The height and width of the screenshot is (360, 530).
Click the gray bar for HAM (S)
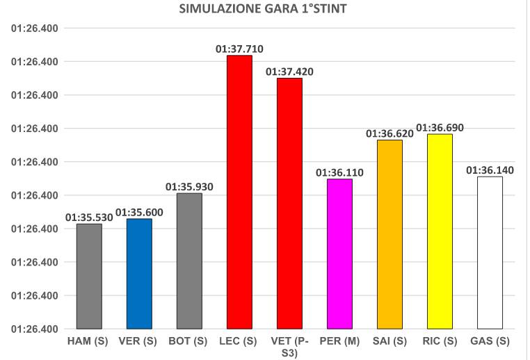(89, 276)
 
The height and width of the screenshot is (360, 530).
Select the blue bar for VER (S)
(139, 273)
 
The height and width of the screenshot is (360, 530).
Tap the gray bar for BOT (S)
(189, 261)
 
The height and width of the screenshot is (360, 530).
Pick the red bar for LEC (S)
(239, 192)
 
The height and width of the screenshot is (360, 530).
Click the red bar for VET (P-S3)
(289, 203)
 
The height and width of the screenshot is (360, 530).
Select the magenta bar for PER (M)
(339, 254)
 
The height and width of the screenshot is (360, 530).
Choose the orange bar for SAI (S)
(390, 234)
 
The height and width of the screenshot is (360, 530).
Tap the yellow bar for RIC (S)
(440, 231)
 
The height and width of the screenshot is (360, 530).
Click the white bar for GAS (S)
(490, 252)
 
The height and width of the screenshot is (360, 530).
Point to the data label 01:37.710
(239, 49)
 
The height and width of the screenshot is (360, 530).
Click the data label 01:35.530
(89, 218)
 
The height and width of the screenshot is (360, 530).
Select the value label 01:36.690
(440, 128)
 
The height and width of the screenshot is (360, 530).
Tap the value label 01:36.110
(339, 172)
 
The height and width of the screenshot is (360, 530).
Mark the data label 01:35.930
(189, 187)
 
